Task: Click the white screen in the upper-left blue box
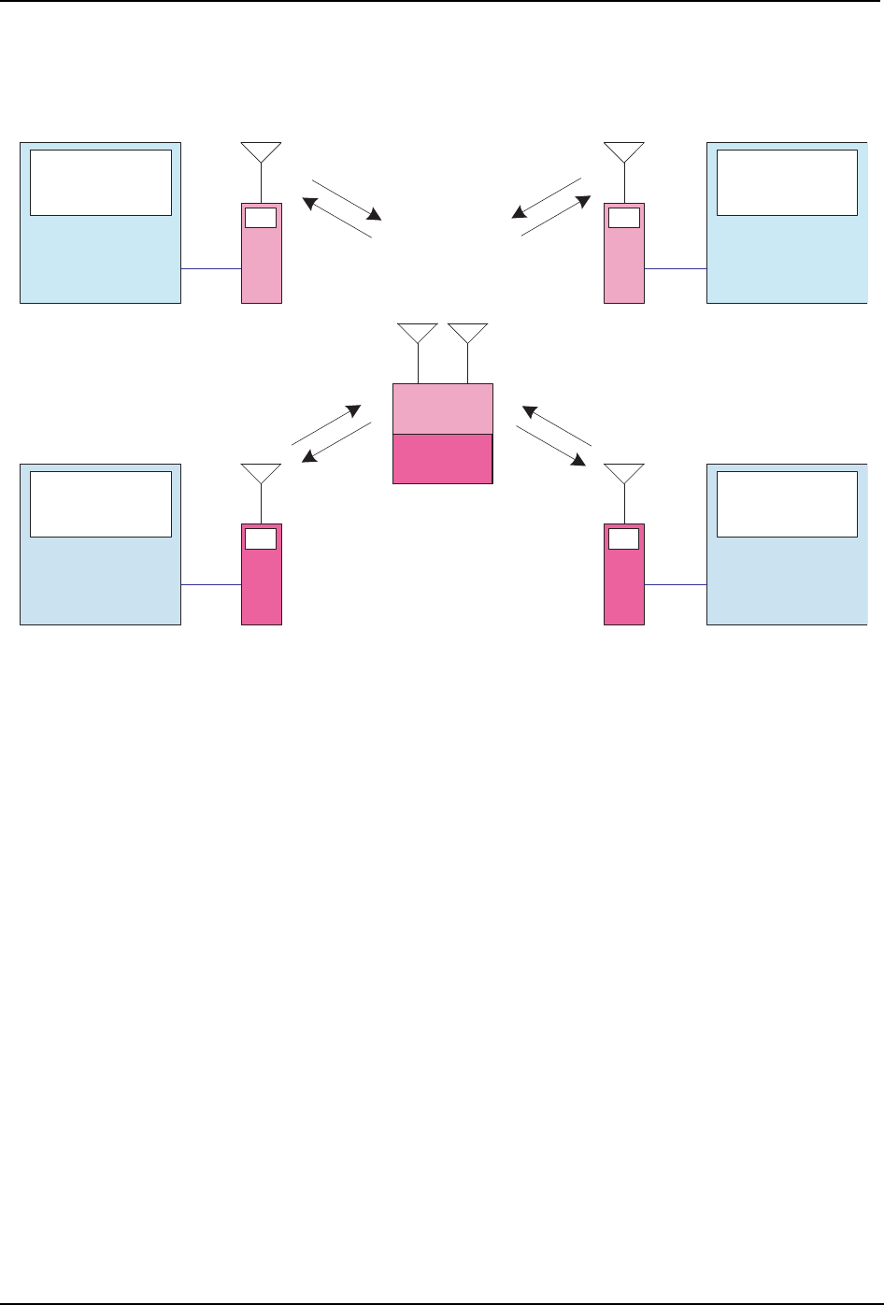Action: [101, 182]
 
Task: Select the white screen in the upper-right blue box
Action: [787, 182]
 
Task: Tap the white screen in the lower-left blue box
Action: [101, 504]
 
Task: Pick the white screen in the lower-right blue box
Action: [787, 504]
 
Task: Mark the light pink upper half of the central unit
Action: [442, 409]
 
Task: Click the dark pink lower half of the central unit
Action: [442, 458]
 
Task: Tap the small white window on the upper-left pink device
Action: [261, 218]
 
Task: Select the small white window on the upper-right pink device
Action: [623, 218]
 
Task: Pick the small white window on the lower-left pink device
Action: [261, 538]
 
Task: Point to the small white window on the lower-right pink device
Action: [623, 538]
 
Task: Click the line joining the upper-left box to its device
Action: [211, 268]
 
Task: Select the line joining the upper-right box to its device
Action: [676, 268]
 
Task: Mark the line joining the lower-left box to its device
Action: [211, 584]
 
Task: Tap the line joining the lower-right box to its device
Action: [676, 584]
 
